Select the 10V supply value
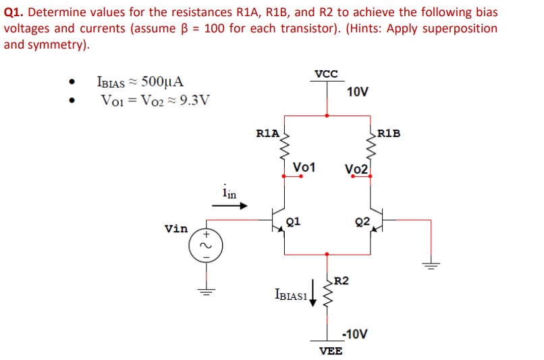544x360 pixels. (358, 92)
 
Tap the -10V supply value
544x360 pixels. (355, 334)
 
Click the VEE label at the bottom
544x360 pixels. (330, 351)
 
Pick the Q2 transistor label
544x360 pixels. (362, 221)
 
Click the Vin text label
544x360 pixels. (176, 229)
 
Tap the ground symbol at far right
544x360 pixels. (431, 264)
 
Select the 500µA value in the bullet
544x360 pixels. (160, 83)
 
